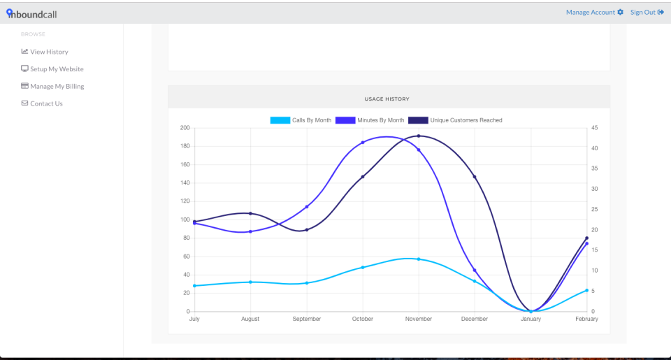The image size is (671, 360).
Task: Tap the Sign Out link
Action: pyautogui.click(x=647, y=12)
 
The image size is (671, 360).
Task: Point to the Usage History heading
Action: pyautogui.click(x=387, y=99)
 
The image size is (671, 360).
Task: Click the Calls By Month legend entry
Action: pyautogui.click(x=301, y=120)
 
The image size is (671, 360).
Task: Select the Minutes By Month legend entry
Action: pyautogui.click(x=370, y=120)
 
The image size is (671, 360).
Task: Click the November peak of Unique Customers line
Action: pyautogui.click(x=419, y=136)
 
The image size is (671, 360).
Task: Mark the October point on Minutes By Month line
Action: pyautogui.click(x=363, y=143)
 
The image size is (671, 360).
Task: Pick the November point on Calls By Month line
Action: pyautogui.click(x=419, y=259)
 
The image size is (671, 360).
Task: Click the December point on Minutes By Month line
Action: pyautogui.click(x=475, y=271)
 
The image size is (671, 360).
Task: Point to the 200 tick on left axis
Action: pyautogui.click(x=185, y=128)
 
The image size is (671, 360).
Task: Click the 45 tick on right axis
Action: pyautogui.click(x=594, y=128)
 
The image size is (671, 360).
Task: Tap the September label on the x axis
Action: pyautogui.click(x=307, y=319)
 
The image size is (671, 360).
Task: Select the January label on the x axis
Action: pyautogui.click(x=531, y=319)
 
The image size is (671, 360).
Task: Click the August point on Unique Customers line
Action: pyautogui.click(x=250, y=213)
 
